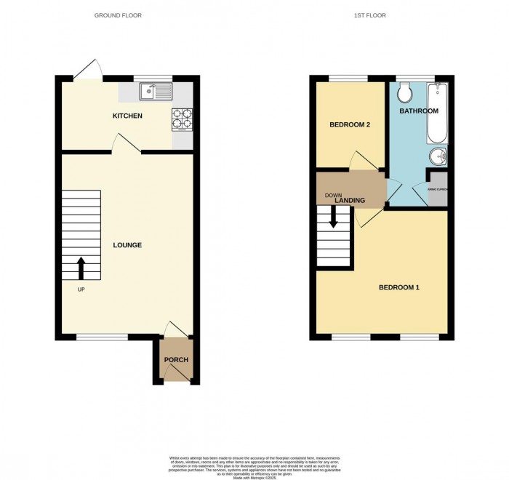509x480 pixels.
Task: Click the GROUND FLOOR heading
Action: coord(118,15)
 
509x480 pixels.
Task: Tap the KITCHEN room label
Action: coord(127,116)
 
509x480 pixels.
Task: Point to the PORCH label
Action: coord(176,360)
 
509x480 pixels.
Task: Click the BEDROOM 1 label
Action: coord(398,287)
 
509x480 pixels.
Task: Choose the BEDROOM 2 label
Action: coord(350,124)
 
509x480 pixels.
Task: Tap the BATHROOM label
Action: coord(418,111)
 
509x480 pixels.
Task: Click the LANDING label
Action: coord(350,200)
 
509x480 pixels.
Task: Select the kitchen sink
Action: coord(156,91)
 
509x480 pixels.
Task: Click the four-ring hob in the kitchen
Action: coord(182,119)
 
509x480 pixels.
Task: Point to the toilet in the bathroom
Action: coord(404,92)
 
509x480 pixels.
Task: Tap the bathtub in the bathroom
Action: coord(438,113)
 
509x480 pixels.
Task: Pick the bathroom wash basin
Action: coord(438,156)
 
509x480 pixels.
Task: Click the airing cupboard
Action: coord(438,191)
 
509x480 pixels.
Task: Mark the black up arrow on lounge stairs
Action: coord(81,268)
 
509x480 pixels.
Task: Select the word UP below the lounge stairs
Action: coord(81,289)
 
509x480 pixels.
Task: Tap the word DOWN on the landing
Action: coord(333,195)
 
